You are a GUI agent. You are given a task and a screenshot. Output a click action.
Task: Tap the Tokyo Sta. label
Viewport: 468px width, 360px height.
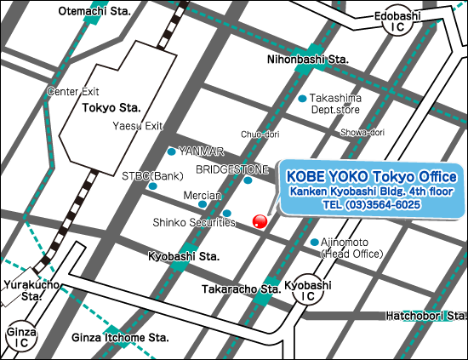tap(111, 108)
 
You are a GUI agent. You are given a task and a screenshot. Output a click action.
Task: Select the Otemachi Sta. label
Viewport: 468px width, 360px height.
tap(94, 11)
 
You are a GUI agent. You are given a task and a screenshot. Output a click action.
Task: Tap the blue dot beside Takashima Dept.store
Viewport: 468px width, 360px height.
tap(302, 99)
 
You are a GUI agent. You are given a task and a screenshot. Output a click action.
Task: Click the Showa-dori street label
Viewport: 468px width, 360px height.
tap(362, 132)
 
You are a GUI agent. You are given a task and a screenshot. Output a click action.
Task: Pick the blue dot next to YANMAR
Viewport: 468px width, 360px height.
tap(172, 151)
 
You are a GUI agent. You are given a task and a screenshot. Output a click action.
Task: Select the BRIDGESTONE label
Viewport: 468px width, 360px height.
tap(232, 169)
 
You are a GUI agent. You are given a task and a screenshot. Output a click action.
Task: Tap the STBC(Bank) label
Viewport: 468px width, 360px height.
tap(153, 175)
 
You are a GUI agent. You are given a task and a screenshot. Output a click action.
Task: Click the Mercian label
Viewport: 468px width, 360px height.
tap(203, 194)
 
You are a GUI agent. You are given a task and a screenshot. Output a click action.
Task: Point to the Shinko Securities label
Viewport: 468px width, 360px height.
tap(194, 222)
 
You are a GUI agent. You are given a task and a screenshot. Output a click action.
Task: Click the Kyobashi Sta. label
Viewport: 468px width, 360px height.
tap(184, 256)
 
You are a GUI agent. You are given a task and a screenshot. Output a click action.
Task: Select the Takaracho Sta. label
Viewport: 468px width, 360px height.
tap(241, 289)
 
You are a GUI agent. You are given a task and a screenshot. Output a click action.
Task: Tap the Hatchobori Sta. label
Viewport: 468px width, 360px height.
tap(424, 315)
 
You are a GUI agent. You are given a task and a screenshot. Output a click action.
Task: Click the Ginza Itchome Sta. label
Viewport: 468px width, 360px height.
tap(120, 337)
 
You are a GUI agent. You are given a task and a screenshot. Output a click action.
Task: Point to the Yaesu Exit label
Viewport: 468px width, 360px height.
tap(138, 126)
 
